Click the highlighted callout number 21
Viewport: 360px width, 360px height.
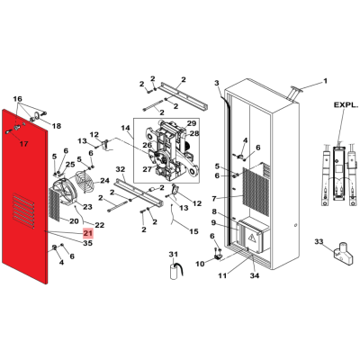(x=88, y=233)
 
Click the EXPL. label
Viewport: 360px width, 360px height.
(x=346, y=105)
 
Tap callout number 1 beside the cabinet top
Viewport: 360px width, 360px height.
(x=325, y=81)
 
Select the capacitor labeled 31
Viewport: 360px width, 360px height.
(x=175, y=271)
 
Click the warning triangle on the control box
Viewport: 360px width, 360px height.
(x=251, y=238)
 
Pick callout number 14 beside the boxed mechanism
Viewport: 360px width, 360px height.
(x=125, y=128)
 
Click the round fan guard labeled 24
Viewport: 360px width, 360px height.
(x=85, y=181)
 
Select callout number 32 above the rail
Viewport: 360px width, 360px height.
(x=121, y=169)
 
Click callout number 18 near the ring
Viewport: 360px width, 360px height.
(x=57, y=126)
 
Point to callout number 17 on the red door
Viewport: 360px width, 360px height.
(x=23, y=144)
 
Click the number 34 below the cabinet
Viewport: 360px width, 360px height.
(x=255, y=275)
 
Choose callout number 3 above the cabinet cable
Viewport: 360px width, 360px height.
(x=217, y=83)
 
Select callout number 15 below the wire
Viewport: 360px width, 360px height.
(x=193, y=231)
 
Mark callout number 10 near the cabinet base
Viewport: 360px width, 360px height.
(x=200, y=264)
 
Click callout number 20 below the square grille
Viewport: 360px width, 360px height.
(x=74, y=221)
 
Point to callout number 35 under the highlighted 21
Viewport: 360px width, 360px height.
(x=87, y=243)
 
